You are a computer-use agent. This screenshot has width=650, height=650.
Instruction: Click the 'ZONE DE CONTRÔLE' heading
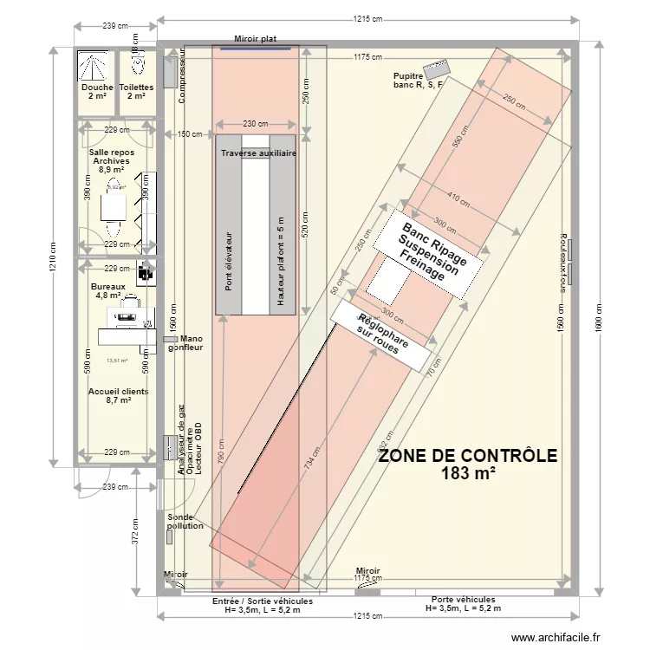tap(467, 456)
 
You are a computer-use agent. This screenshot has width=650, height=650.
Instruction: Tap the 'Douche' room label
tap(96, 88)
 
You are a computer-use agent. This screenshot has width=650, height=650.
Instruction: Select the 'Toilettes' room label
tap(136, 88)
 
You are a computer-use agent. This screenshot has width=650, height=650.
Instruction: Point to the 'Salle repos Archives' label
tap(112, 157)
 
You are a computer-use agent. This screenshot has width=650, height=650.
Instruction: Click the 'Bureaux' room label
tap(108, 286)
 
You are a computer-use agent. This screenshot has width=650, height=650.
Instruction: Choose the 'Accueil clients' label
tap(118, 392)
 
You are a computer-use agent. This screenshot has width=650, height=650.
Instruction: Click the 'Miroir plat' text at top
tap(256, 39)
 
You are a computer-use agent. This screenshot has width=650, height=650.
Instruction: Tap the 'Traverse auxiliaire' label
tap(258, 153)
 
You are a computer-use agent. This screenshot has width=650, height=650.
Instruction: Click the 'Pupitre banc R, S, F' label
tap(417, 81)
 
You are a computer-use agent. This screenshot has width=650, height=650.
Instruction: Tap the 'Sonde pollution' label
tap(185, 521)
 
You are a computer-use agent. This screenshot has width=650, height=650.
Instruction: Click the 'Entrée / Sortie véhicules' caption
tap(262, 601)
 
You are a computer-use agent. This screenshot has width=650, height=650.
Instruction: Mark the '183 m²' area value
tap(467, 473)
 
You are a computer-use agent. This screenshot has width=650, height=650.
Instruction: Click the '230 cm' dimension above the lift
tap(255, 124)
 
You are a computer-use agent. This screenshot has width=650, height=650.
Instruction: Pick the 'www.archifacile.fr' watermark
tap(555, 638)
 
